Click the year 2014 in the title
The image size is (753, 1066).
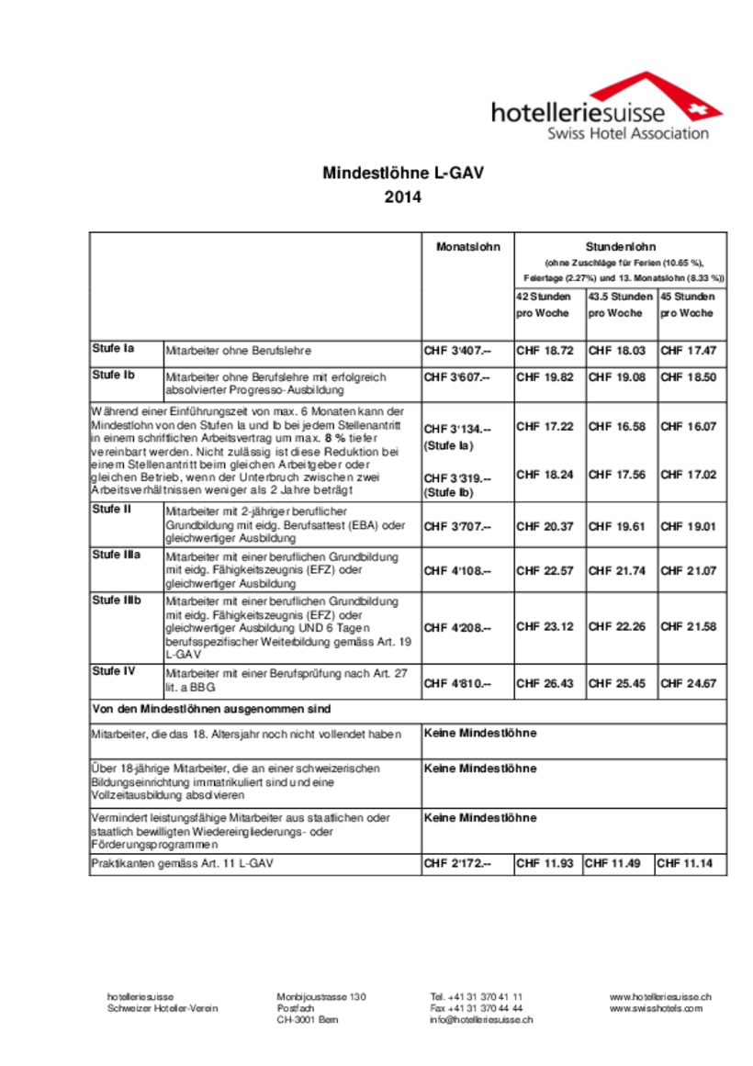(402, 196)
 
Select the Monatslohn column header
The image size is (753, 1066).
(467, 247)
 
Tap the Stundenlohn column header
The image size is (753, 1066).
(620, 246)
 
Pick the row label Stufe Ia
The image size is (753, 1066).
(113, 348)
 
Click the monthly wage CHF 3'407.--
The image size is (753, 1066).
(457, 351)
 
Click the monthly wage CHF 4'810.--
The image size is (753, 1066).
(457, 683)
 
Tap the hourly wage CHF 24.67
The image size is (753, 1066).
(689, 683)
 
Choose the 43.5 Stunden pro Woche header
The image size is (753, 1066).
(621, 305)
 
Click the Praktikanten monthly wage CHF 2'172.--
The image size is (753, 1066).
(457, 864)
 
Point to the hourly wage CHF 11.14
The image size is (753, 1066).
(685, 864)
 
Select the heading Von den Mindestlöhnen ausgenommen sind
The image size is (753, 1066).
(211, 710)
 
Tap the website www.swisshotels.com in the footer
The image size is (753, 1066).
(656, 1008)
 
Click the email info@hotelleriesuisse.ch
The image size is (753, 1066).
(481, 1020)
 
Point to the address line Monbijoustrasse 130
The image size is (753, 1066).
(321, 996)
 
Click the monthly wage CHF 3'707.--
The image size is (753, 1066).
(457, 527)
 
